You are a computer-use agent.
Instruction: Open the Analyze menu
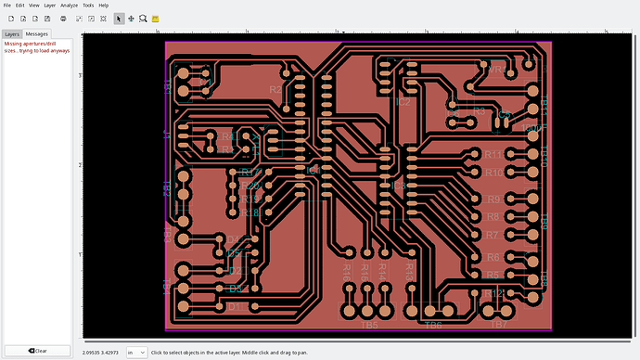coord(70,6)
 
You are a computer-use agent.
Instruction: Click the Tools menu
coord(88,6)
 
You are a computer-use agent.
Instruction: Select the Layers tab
coord(12,33)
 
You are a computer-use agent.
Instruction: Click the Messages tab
coord(36,33)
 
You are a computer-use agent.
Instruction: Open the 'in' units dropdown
coord(136,352)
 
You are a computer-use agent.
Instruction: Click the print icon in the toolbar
coord(63,19)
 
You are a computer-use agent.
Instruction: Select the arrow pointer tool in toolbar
coord(119,19)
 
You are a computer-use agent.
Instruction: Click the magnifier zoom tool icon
coord(144,19)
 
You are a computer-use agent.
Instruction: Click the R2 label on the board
coord(275,90)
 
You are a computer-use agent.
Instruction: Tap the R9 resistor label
coord(493,199)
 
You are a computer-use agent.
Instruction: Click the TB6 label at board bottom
coord(433,326)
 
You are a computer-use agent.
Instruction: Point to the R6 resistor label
coord(493,257)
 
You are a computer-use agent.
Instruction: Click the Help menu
coord(103,6)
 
